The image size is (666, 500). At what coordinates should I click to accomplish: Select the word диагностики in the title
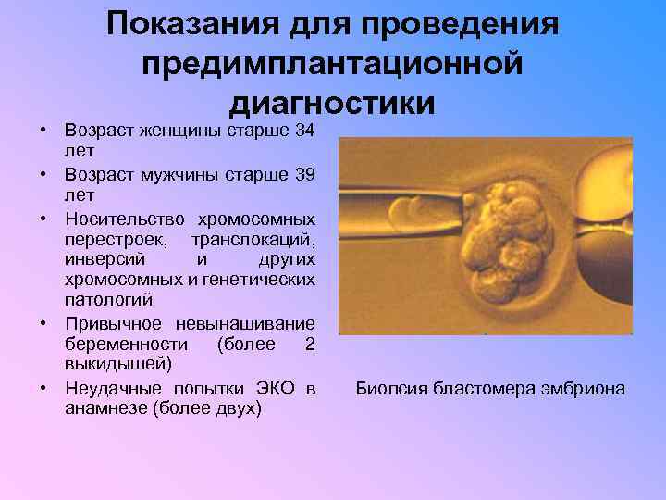333,103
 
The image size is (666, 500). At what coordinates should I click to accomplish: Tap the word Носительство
122,219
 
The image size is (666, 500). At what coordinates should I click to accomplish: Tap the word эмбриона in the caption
583,389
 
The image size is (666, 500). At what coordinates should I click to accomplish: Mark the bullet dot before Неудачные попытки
44,387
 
